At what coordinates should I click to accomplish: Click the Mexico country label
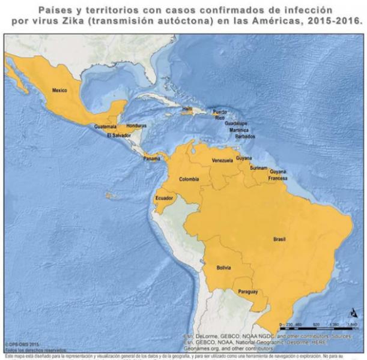[59, 91]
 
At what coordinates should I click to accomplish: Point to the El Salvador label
[118, 136]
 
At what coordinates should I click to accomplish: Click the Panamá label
[151, 158]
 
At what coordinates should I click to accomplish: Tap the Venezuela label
[222, 161]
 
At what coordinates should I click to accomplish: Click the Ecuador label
[164, 198]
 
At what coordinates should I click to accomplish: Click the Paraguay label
[247, 292]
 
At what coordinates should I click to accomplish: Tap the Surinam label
[259, 168]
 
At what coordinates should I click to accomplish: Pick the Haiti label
[188, 109]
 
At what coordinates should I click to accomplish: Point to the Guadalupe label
[237, 122]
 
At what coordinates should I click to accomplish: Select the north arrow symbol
[353, 314]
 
